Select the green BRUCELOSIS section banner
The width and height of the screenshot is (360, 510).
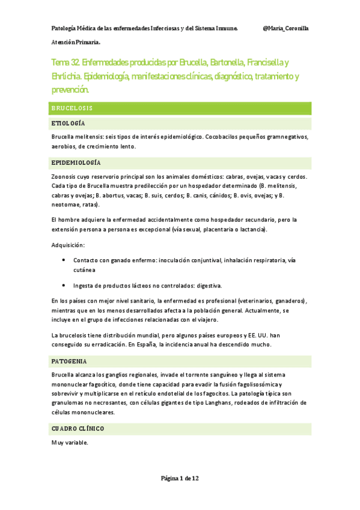(180, 108)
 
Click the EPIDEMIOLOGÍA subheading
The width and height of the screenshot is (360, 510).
(76, 163)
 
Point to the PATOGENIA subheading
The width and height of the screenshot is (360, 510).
(69, 361)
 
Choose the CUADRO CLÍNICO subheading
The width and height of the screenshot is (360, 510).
(78, 429)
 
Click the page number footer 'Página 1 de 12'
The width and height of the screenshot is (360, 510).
(180, 478)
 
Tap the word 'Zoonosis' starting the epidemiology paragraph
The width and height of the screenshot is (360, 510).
(65, 177)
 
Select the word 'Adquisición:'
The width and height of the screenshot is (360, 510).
(67, 245)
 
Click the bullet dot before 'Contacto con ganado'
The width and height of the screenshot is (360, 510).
(64, 260)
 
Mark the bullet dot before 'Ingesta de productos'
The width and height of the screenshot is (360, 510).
(64, 285)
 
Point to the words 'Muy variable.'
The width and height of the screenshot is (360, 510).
(70, 443)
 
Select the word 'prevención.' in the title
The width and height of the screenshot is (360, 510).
(70, 90)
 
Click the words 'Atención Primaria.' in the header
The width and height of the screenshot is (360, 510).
(76, 43)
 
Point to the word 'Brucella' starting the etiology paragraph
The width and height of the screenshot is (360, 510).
(64, 137)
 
